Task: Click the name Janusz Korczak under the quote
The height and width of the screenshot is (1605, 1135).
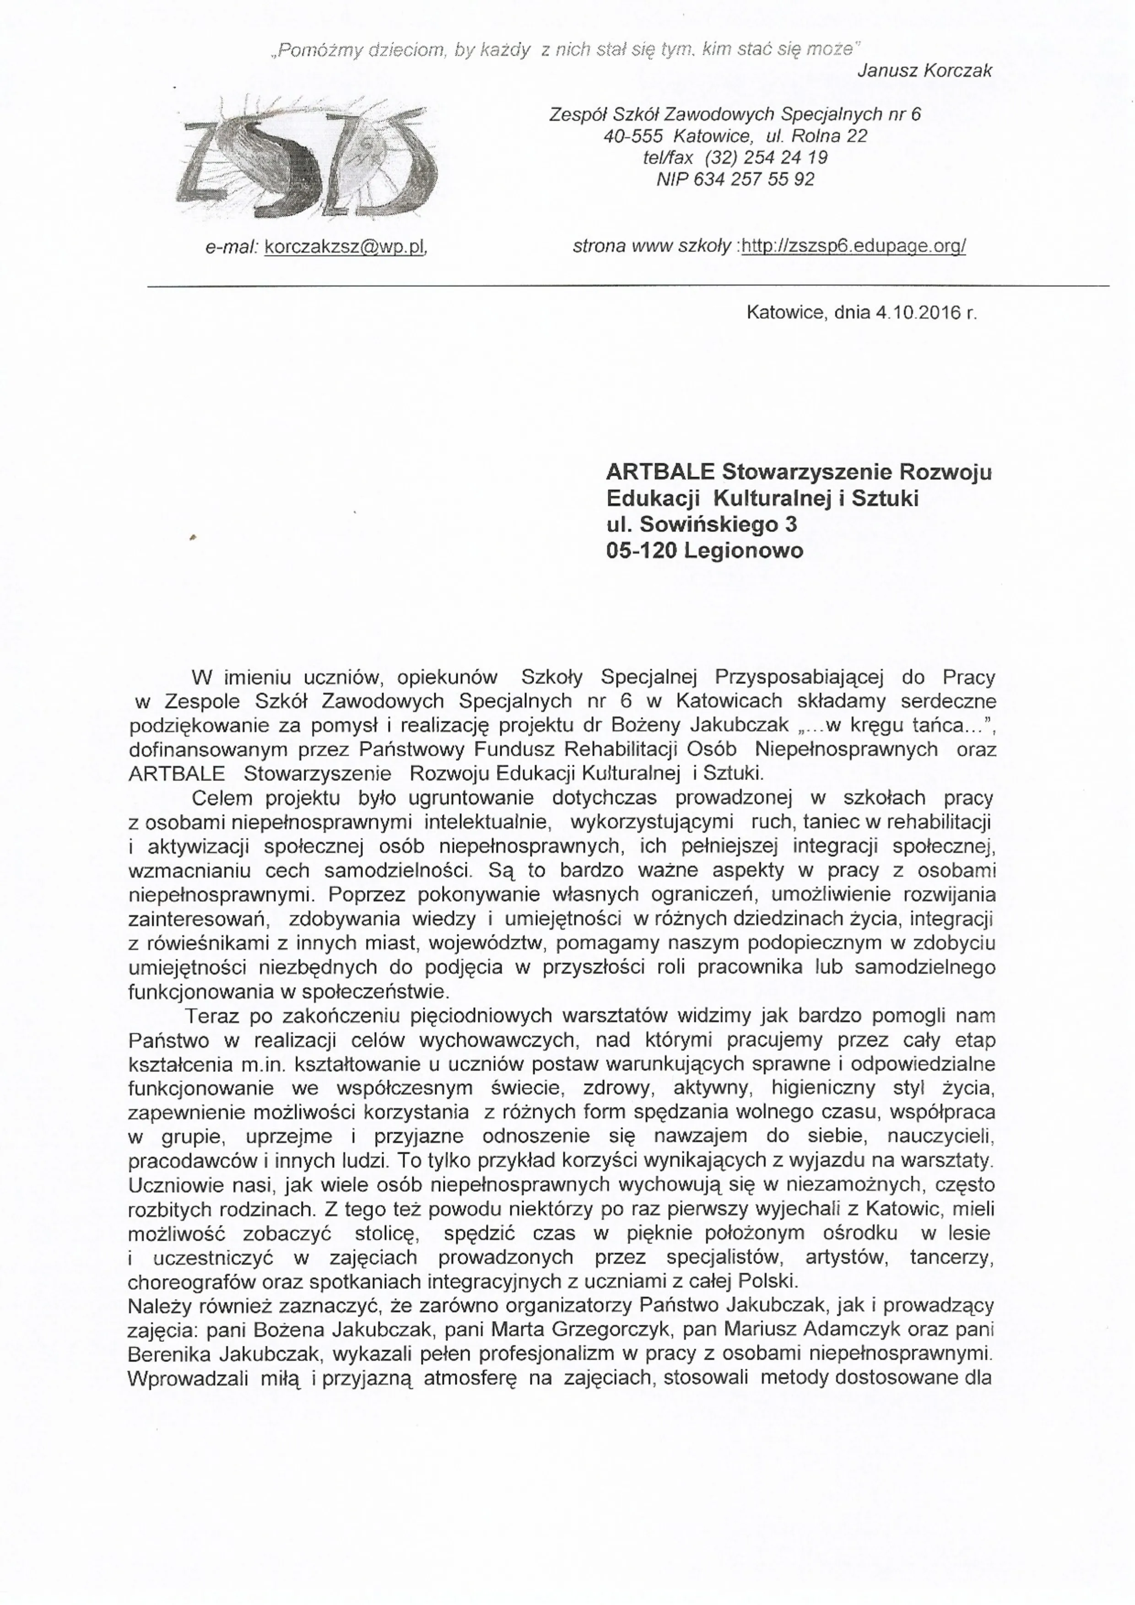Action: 924,70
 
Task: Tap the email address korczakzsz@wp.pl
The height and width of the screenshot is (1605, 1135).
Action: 346,247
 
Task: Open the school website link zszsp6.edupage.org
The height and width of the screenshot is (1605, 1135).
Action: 853,246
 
